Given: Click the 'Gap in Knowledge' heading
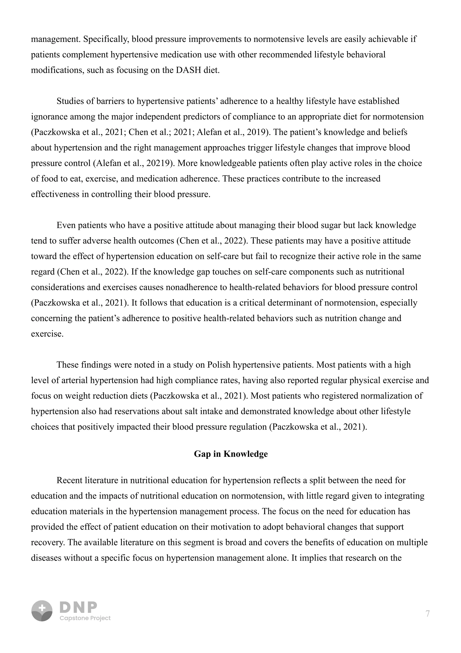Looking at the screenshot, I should coord(231,454).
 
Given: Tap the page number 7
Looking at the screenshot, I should coord(427,614).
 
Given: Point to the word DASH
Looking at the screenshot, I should coord(189,70).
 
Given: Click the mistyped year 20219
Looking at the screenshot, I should coord(160,163).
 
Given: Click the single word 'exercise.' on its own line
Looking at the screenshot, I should coord(47,334).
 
